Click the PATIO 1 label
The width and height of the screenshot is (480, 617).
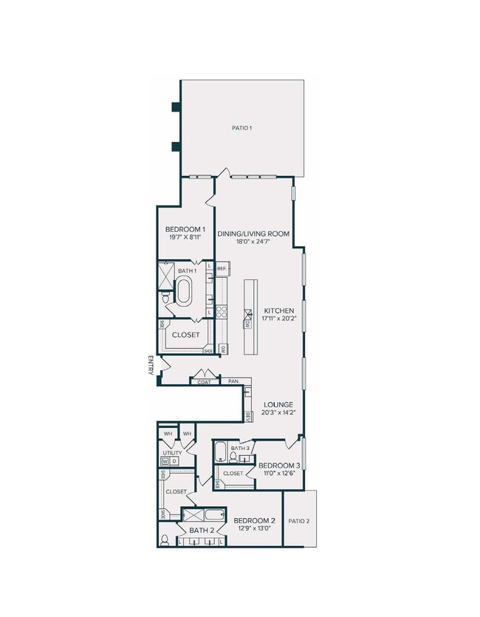tap(242, 129)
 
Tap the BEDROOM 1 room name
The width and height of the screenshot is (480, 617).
tap(185, 230)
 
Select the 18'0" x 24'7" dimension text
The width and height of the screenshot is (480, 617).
tap(253, 242)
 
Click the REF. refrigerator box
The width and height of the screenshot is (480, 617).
tap(223, 269)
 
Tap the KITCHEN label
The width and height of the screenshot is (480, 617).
tap(278, 310)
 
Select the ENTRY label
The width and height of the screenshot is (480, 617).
tap(151, 365)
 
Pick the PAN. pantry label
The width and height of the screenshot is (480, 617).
tap(233, 381)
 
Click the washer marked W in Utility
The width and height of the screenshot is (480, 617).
tap(165, 461)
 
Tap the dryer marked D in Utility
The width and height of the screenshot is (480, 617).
tap(174, 461)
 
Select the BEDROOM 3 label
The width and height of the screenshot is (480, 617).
tap(279, 465)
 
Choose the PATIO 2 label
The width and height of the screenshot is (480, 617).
tap(299, 521)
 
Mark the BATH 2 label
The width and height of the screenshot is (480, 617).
tap(202, 530)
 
